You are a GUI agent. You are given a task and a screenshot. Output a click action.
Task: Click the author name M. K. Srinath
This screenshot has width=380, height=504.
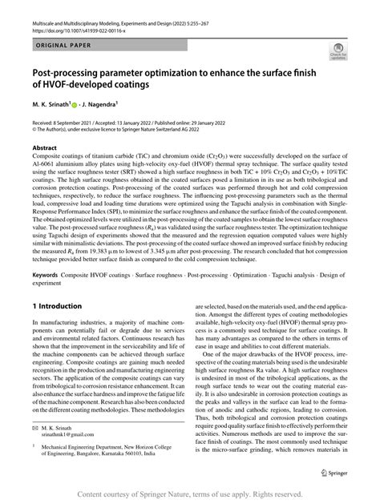51,103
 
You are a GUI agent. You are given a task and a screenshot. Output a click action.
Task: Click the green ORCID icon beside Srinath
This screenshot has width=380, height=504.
77,103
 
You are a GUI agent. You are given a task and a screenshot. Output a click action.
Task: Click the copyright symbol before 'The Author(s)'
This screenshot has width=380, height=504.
33,126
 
